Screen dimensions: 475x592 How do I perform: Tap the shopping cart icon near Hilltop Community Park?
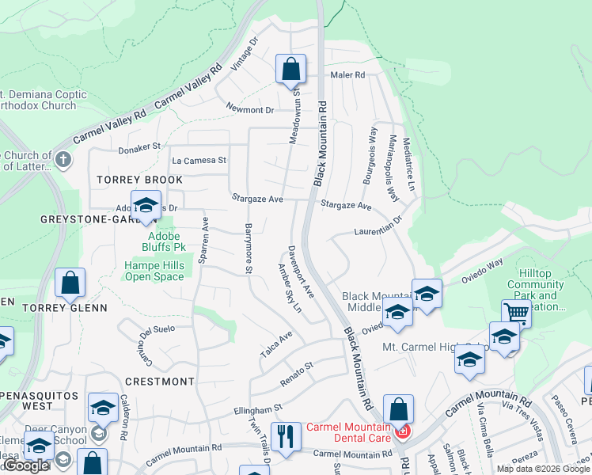click(516, 312)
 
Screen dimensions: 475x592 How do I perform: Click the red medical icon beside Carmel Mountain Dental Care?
click(404, 431)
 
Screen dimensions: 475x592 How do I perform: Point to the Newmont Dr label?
click(249, 109)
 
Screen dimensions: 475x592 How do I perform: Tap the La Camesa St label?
click(199, 160)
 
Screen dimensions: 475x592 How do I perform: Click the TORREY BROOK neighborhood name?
click(129, 180)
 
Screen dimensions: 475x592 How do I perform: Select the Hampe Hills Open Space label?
click(154, 271)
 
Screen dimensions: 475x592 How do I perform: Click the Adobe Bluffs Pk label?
click(161, 236)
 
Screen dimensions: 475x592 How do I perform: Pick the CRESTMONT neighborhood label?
click(159, 381)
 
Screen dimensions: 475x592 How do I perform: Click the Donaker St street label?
click(139, 146)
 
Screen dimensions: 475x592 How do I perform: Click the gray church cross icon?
click(63, 161)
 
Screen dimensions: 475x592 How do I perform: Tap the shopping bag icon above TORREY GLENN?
click(70, 282)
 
